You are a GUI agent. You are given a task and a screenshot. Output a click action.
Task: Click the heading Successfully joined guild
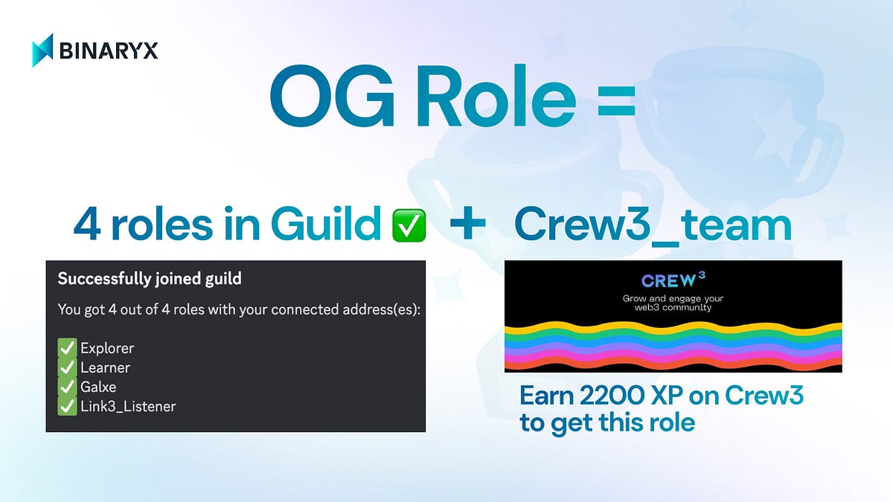[x=150, y=280]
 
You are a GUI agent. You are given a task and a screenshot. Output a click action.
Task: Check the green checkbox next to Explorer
[x=67, y=347]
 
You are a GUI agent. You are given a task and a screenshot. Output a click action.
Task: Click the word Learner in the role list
[x=105, y=367]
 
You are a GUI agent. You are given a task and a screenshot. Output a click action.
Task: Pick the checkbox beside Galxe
[x=67, y=387]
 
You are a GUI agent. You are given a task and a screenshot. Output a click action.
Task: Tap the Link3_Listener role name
[x=128, y=406]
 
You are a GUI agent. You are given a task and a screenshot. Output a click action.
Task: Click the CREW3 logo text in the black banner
[x=673, y=280]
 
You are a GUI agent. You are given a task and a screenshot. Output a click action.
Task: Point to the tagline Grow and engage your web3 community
[x=673, y=303]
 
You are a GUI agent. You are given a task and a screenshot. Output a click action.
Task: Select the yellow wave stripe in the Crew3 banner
[x=673, y=328]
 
